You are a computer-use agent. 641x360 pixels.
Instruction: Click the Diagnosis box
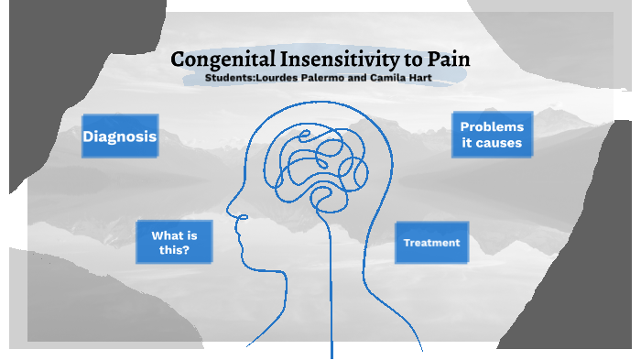pos(120,136)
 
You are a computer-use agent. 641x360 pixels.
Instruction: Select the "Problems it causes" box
pos(492,135)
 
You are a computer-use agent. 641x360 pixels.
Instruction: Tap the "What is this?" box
pos(174,242)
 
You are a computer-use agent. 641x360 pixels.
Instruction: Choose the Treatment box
pos(431,243)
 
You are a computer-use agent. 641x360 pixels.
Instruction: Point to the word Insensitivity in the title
pos(335,61)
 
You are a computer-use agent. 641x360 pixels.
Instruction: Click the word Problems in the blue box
pos(492,126)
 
